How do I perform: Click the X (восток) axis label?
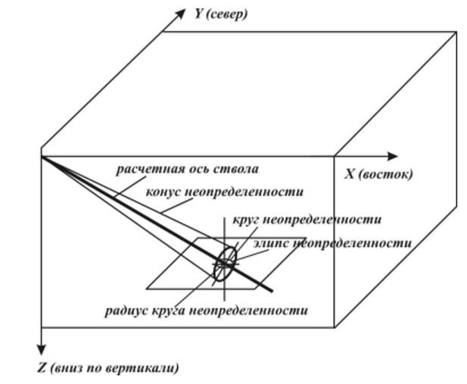[x=378, y=173]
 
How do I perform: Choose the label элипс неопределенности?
[x=329, y=243]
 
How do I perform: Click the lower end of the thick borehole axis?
[x=270, y=287]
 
